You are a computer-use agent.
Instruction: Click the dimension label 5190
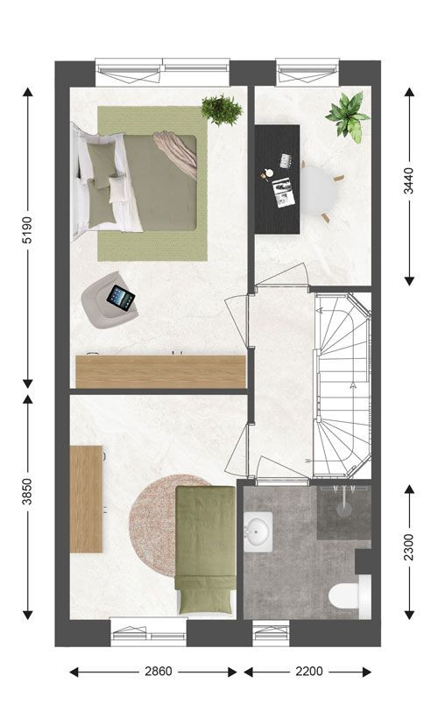pos(27,230)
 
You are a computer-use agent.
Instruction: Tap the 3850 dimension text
pos(27,491)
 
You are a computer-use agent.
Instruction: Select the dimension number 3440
pos(409,181)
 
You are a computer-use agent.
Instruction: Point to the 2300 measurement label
pos(409,547)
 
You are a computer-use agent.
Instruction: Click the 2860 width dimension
pos(159,672)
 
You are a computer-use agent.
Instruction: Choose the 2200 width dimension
pos(309,672)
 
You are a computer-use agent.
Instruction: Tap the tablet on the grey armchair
pos(120,297)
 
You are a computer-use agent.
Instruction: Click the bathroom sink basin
pos(258,532)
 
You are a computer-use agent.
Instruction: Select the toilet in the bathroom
pos(350,594)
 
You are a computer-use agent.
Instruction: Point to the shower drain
pos(343,509)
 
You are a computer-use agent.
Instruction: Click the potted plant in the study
pos(348,116)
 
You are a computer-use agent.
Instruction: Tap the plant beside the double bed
pos(222,110)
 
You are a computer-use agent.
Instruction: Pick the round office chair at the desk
pos(320,190)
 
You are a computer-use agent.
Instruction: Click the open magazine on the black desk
pos(284,193)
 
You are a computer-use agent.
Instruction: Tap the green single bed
pos(206,550)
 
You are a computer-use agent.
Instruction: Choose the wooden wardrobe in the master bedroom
pos(161,372)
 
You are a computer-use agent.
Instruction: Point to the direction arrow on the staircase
pos(353,385)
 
